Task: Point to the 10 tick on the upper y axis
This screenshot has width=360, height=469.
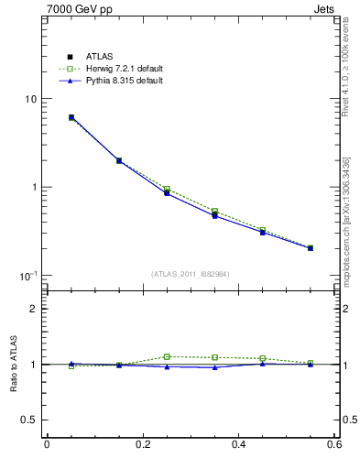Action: [x=29, y=99]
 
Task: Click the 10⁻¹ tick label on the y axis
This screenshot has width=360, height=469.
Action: [x=27, y=276]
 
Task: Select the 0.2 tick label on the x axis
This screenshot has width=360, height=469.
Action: [x=142, y=445]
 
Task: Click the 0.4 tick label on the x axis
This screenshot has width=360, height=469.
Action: [x=238, y=445]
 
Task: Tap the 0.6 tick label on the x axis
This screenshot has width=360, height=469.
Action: [x=333, y=445]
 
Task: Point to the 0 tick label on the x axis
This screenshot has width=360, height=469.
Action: [x=47, y=445]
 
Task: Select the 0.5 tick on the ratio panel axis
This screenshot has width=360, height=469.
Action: [x=28, y=420]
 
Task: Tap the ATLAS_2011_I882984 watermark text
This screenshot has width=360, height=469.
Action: [x=191, y=274]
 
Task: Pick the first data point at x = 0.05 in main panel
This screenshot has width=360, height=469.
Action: [x=71, y=117]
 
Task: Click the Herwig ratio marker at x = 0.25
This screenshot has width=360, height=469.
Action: [x=167, y=356]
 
